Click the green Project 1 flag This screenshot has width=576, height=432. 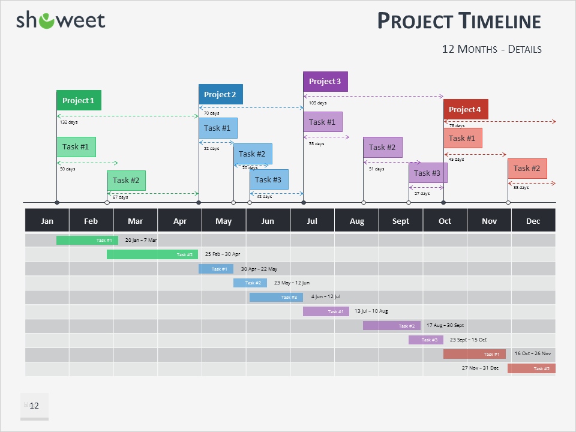79,101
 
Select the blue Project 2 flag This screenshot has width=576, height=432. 220,95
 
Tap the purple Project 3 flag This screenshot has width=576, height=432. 325,82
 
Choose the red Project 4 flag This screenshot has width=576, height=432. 466,110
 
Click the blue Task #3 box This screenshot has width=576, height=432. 268,179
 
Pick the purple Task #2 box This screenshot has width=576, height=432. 382,148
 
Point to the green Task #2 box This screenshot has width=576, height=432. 126,181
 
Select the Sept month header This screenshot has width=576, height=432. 401,221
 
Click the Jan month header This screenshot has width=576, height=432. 47,221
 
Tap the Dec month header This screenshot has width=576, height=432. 533,221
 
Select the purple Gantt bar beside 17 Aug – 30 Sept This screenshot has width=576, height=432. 391,325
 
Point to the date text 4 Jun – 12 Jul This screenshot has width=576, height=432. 326,297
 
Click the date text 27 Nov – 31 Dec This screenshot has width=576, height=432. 480,368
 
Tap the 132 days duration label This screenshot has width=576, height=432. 68,122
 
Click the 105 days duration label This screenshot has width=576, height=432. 317,103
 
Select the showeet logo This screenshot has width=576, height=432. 61,20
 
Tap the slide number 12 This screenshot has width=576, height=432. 34,406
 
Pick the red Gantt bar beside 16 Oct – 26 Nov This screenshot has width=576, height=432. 474,354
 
